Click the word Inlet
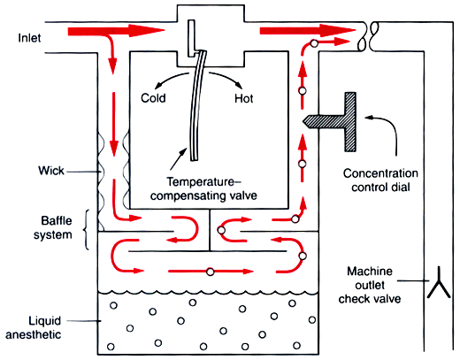[x=29, y=38]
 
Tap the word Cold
[x=153, y=98]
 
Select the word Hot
[x=243, y=98]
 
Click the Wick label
[x=51, y=171]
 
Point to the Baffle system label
[x=53, y=227]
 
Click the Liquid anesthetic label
[x=34, y=327]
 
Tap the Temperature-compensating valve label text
[x=203, y=188]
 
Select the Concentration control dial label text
[x=380, y=180]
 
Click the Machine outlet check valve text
[x=370, y=285]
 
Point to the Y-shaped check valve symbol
[x=439, y=283]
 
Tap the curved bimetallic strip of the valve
[x=196, y=106]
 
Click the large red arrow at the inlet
[x=116, y=30]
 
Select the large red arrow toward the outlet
[x=308, y=30]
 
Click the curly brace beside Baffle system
[x=87, y=230]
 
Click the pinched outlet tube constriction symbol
[x=368, y=36]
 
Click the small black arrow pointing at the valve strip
[x=179, y=158]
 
